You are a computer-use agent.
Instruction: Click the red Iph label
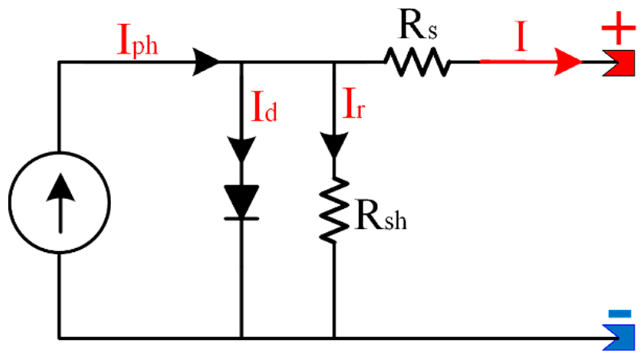tap(137, 40)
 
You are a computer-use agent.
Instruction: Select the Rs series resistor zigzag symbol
tap(417, 61)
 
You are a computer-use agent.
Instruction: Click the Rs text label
tap(417, 25)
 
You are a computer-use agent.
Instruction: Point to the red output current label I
tap(520, 36)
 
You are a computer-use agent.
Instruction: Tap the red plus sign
tap(618, 28)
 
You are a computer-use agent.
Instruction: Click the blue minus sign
tap(620, 314)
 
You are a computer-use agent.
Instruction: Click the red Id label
tap(264, 107)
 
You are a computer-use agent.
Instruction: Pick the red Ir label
tap(353, 104)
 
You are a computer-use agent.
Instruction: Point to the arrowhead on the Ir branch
tap(334, 144)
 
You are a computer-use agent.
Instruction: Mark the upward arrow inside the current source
tap(60, 203)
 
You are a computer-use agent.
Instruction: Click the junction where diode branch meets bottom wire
tap(241, 338)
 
